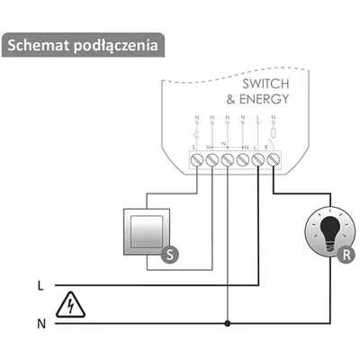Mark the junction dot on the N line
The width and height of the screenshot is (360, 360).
228,322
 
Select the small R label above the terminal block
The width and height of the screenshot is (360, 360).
273,147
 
